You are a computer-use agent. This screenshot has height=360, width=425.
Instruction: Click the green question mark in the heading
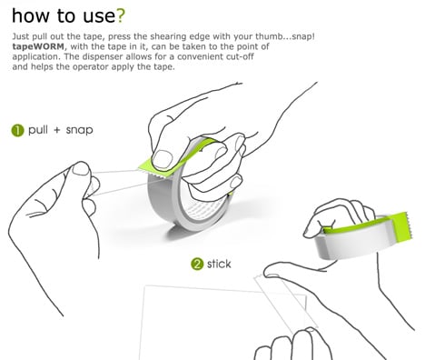121,15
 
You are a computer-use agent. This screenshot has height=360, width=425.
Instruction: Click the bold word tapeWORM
38,46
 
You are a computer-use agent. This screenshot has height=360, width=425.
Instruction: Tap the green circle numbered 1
17,131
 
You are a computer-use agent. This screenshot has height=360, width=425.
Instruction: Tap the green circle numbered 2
197,265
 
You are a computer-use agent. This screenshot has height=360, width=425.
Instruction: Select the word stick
219,264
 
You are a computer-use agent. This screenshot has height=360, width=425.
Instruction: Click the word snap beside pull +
79,130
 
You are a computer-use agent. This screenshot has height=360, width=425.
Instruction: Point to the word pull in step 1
38,130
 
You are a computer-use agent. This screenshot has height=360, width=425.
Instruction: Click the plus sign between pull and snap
57,130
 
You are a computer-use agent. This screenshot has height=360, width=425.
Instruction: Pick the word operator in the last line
92,66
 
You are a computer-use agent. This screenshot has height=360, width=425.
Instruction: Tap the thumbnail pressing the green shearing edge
162,158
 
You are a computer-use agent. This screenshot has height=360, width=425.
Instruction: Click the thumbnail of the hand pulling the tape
81,169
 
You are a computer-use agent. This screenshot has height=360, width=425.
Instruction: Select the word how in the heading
30,15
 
